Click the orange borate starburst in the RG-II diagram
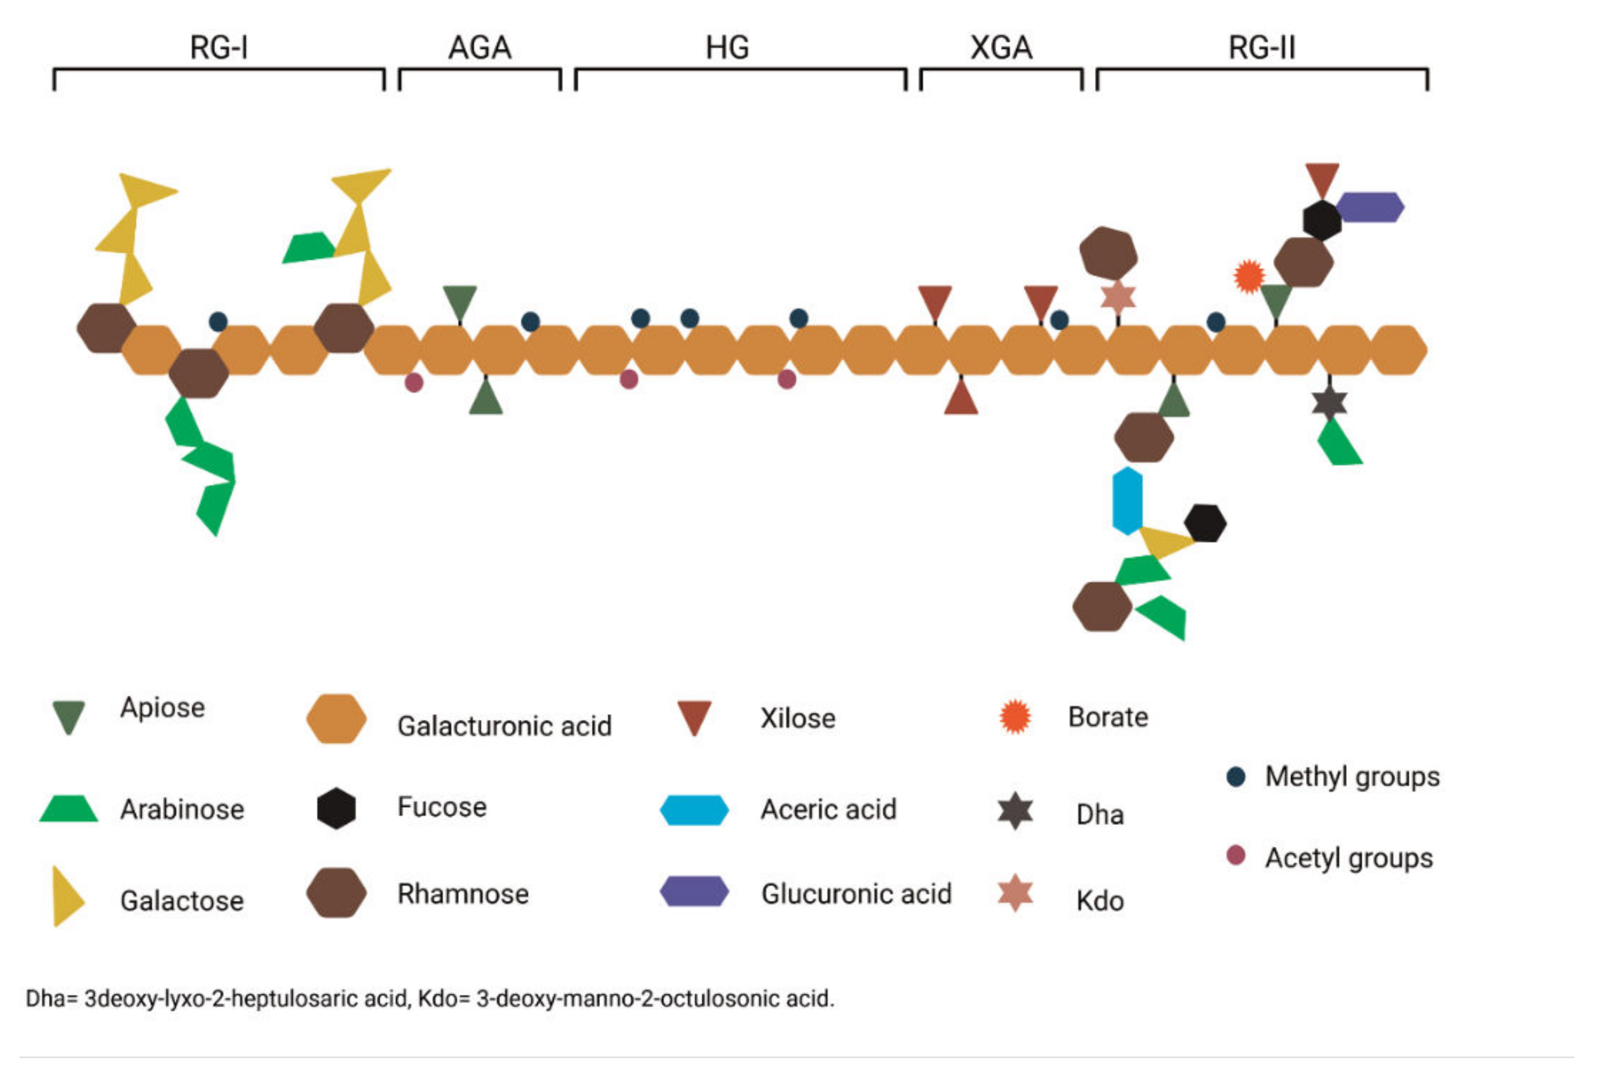pos(1249,276)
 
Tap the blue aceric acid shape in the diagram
pos(1127,500)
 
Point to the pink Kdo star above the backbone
pos(1118,296)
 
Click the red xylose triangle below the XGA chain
pos(961,399)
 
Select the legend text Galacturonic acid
pos(504,726)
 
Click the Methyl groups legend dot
pos(1235,777)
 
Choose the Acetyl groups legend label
pos(1348,858)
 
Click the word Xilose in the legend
pos(797,719)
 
